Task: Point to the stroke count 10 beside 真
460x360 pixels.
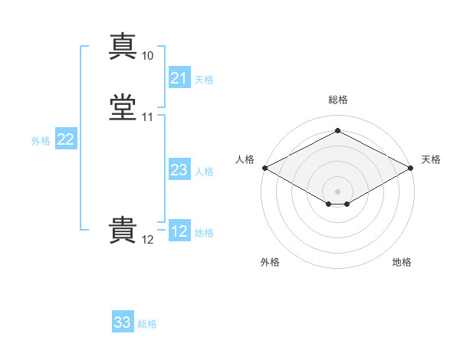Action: (x=147, y=56)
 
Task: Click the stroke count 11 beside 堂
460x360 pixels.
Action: (x=147, y=117)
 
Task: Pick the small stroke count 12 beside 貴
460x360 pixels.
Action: (x=147, y=240)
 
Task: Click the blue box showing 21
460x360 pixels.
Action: (x=179, y=78)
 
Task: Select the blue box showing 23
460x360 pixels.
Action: (x=179, y=170)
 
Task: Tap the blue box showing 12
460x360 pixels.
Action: (x=179, y=231)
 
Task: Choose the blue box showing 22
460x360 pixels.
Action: (x=65, y=139)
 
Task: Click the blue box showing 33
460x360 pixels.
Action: (x=122, y=322)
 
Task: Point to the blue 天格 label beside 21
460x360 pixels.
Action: (x=204, y=79)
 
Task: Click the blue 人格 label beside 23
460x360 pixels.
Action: (x=204, y=172)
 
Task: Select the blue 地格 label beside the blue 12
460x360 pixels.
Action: (x=204, y=233)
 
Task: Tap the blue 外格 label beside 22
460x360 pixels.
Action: (x=41, y=141)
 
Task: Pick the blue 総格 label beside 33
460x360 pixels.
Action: (x=147, y=324)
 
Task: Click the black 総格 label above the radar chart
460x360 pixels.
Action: (x=337, y=100)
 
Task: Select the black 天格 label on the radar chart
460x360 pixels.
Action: (x=432, y=159)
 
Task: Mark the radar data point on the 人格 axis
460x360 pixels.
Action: (x=264, y=167)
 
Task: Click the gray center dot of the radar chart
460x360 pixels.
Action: (x=337, y=191)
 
